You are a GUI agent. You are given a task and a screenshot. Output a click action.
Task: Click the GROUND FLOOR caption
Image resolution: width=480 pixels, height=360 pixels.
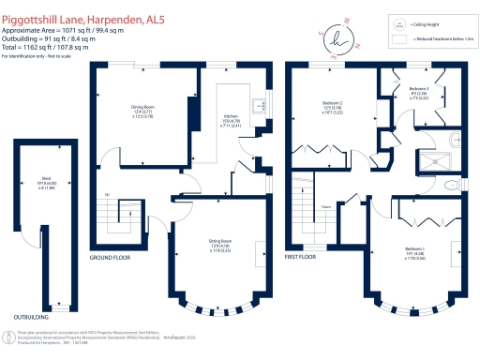[x=110, y=256]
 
